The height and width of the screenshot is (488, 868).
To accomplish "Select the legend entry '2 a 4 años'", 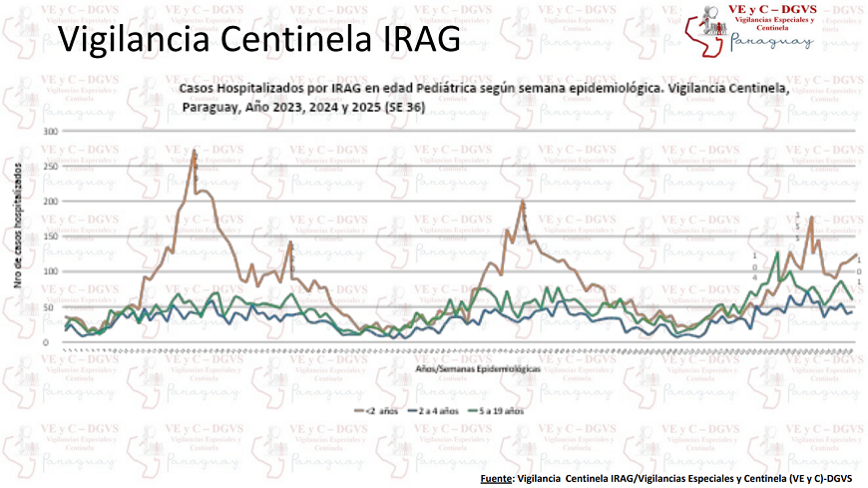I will [440, 410].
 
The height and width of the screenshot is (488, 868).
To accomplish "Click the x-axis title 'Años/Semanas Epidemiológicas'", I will [478, 368].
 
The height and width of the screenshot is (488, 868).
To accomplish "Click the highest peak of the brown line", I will [194, 151].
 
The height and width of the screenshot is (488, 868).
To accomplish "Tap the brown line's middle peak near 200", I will [522, 203].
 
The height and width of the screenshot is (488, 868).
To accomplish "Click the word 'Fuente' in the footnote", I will [496, 478].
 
